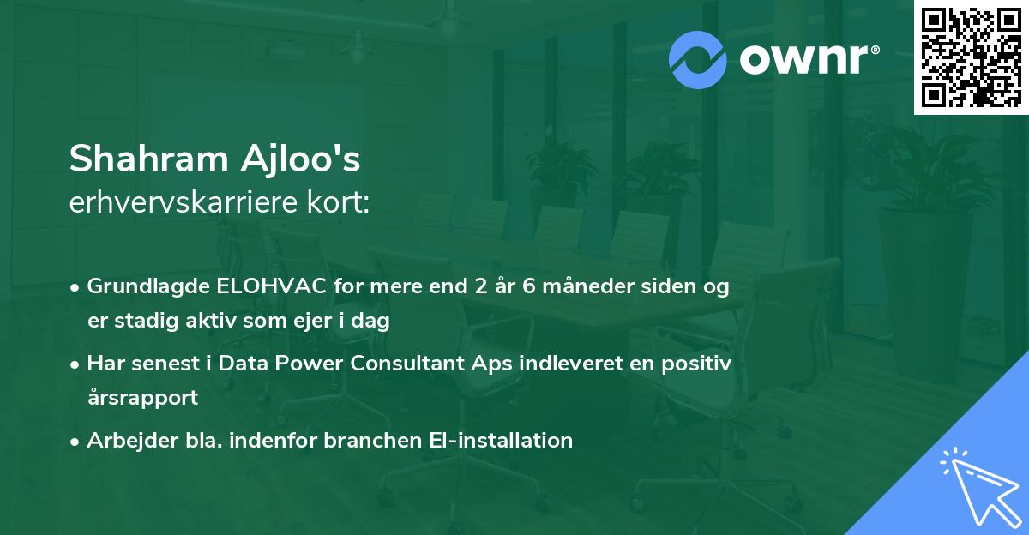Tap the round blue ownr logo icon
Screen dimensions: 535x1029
[698, 60]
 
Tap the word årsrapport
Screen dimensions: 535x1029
[142, 398]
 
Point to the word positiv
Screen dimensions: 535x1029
[701, 364]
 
